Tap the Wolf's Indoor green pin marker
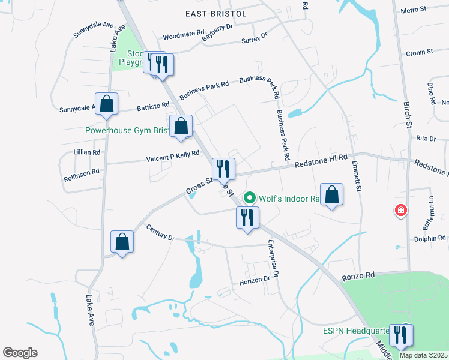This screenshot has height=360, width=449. coord(250,197)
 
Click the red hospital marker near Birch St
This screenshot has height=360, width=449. coord(400,211)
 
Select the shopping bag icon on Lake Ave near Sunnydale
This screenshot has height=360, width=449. coord(106,104)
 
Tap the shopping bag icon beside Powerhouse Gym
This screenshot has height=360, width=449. coord(181,127)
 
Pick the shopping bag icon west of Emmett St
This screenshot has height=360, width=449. coord(331,194)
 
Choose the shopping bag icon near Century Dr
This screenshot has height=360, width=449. coord(122,242)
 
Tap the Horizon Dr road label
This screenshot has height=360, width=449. coord(255,279)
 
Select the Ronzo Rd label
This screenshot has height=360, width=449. coord(358,275)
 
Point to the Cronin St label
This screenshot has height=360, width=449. coord(419,53)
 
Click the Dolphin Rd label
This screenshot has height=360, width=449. coord(430,239)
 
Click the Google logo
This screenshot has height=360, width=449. coord(20,353)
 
